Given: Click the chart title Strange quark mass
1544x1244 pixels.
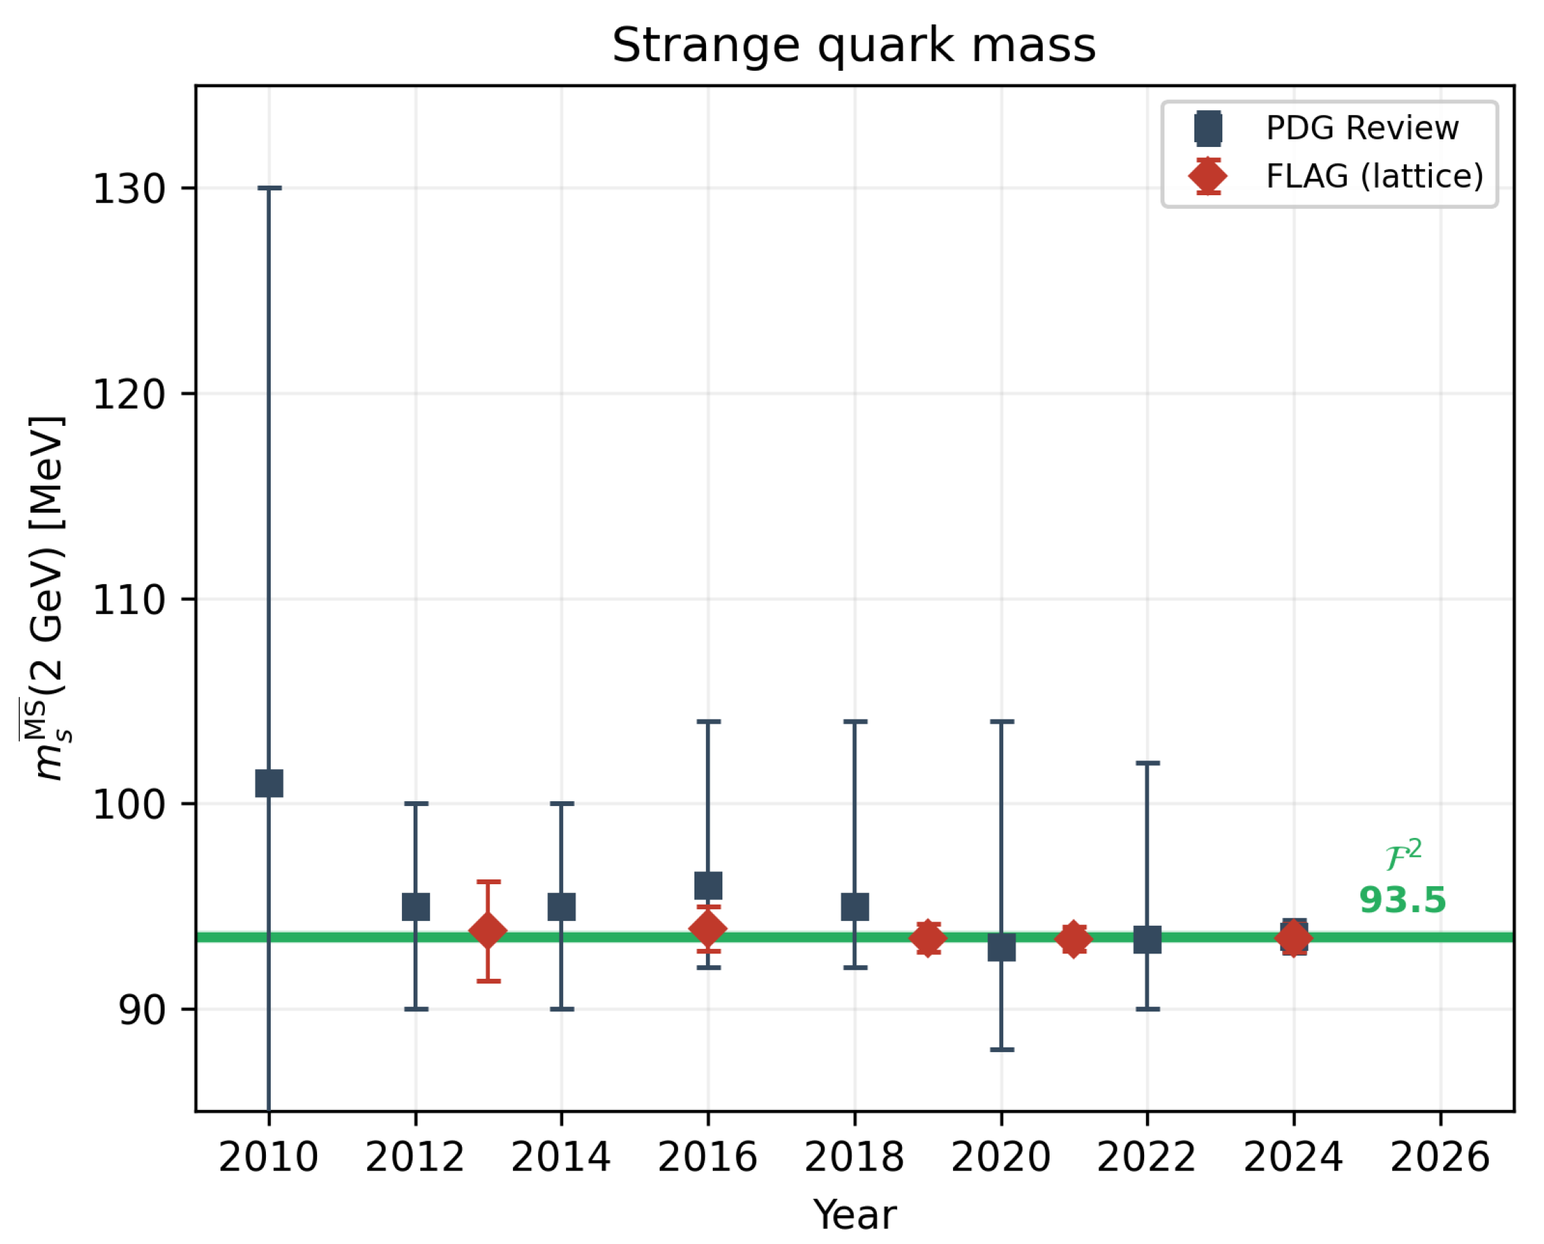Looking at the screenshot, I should point(854,46).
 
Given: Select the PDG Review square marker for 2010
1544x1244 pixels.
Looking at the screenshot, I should point(269,784).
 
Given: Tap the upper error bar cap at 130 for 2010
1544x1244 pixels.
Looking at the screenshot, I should point(269,188).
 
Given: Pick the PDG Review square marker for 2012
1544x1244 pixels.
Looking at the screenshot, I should point(416,907).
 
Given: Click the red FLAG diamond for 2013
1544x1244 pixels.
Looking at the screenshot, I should point(488,931).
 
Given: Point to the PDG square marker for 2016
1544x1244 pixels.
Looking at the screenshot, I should point(708,886).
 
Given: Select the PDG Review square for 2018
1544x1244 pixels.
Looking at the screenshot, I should point(855,907).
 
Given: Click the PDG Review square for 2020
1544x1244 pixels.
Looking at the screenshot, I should point(1001,948).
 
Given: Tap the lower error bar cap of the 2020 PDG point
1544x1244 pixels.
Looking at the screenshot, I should point(1001,1049).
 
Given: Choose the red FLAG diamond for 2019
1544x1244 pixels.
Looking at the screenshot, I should point(928,938).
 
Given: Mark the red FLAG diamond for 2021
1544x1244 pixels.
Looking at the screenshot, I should point(1073,939).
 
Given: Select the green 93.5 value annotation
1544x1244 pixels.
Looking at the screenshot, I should point(1402,901).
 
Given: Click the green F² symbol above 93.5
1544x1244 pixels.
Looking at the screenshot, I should point(1403,855).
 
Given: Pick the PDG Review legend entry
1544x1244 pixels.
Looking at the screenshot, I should point(1361,129).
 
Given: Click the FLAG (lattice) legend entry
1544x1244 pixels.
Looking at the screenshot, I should point(1373,176).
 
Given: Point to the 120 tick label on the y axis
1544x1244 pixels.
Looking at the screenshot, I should point(129,394).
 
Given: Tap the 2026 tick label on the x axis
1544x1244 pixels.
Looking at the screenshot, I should point(1440,1158).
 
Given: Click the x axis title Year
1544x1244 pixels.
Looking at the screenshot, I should point(854,1215).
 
